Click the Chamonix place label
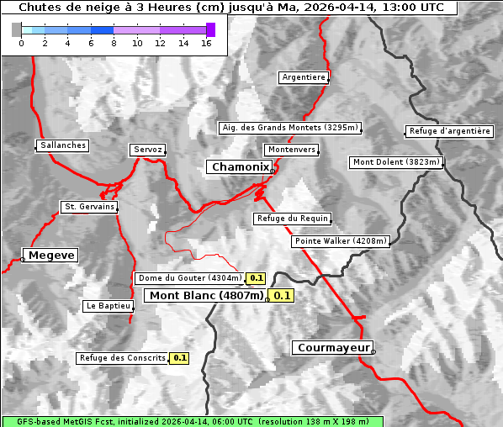pos(240,167)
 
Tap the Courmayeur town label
pos(332,347)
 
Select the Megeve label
pos(51,255)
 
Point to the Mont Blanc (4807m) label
pos(206,295)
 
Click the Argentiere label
pos(304,77)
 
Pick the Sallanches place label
pos(63,145)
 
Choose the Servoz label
pos(148,150)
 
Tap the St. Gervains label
pos(89,207)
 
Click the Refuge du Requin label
pos(292,219)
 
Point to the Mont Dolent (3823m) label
pos(395,162)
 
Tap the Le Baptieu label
pos(108,306)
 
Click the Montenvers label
pos(291,150)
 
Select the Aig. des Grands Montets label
pos(289,128)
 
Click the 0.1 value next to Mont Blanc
pos(282,295)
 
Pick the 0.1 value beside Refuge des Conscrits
pos(179,358)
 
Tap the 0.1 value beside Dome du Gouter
pos(256,278)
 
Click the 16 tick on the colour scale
pos(206,43)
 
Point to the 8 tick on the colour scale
pos(114,43)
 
